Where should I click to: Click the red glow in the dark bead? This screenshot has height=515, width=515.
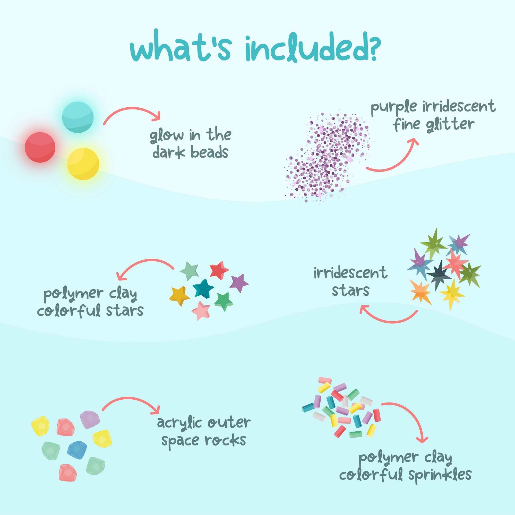point(40,147)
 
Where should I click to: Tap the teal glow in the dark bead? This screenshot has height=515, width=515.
point(78,117)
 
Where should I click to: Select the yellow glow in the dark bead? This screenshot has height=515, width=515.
point(83,164)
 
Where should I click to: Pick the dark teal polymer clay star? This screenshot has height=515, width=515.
point(203,288)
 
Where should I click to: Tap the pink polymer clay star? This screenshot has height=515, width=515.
point(201,310)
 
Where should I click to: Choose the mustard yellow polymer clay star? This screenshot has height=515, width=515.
point(179,295)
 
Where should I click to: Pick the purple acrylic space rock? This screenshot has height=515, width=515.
point(90,419)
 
